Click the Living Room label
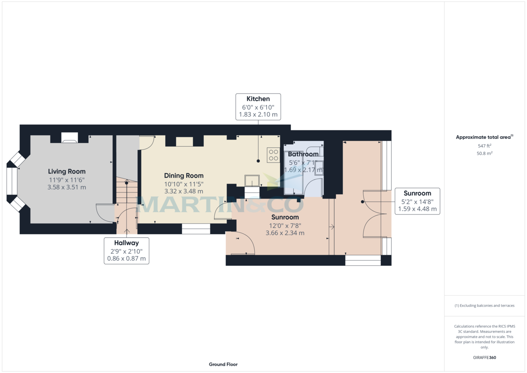67,171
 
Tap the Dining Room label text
184,176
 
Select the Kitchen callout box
258,107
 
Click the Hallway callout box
126,250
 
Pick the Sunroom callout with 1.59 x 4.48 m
417,201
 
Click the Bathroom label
303,154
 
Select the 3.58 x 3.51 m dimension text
67,187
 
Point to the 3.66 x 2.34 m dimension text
285,233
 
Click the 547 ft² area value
484,145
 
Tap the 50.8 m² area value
484,153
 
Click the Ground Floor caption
223,364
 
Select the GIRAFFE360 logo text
484,358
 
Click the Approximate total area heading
484,137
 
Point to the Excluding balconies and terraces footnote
484,305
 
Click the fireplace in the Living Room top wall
69,138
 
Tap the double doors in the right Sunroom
373,214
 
